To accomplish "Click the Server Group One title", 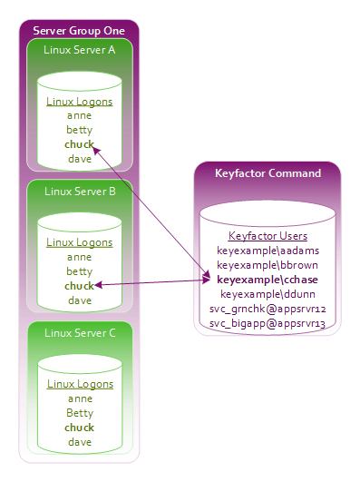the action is click(79, 31).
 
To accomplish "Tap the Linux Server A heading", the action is click(80, 50).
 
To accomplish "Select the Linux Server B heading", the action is click(80, 192).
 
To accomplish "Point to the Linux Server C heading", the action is click(80, 333).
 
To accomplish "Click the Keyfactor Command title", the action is click(268, 173).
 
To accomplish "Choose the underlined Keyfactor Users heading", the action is click(268, 236).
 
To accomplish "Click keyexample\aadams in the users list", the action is click(268, 251).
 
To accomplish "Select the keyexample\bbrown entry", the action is click(268, 265).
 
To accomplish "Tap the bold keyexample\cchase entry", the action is click(268, 280).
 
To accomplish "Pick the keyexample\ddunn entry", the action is click(268, 294).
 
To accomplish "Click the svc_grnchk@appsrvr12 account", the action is click(268, 309).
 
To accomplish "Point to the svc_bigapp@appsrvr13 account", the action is click(268, 323).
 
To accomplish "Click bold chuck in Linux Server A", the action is click(79, 144).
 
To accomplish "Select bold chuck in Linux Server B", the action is click(79, 286).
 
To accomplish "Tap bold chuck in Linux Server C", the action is click(79, 428).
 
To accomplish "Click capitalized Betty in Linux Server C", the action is click(80, 413).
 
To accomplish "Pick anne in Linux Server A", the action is click(79, 116).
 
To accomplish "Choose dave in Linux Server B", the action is click(80, 300).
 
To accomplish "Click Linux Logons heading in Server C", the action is click(80, 384).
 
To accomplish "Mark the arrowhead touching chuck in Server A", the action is click(96, 151).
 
